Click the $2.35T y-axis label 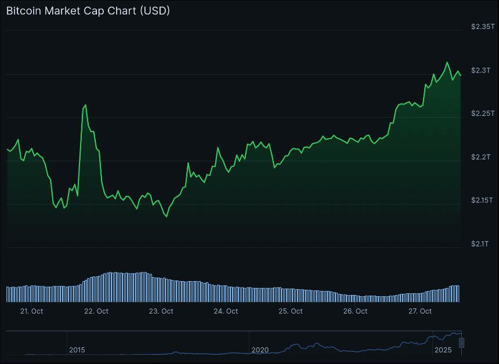(x=482, y=27)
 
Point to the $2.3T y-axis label (x=481, y=70)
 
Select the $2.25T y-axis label (x=482, y=114)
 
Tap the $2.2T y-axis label (x=481, y=157)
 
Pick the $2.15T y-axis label (x=482, y=201)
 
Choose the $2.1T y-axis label (x=481, y=244)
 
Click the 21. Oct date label (x=31, y=311)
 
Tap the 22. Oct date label (x=96, y=311)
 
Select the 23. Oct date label (x=161, y=311)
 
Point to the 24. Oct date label (x=226, y=311)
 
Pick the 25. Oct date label (x=291, y=311)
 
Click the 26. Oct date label (x=355, y=311)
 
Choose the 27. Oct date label (x=420, y=311)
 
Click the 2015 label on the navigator (x=77, y=350)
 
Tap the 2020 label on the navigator (x=260, y=350)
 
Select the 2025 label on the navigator (x=443, y=350)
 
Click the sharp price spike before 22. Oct (x=85, y=105)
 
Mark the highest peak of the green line (x=447, y=62)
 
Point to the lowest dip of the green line (x=167, y=217)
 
